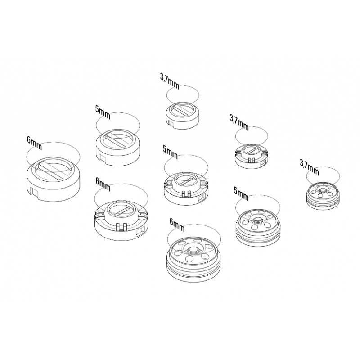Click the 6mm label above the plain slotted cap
coord(35,143)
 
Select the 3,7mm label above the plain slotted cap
coord(170,81)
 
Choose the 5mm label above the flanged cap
coord(170,152)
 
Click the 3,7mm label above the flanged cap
coord(239,122)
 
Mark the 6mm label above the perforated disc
coord(177,225)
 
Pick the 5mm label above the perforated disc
coord(241,194)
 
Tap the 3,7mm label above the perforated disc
coord(309,167)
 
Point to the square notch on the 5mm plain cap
coord(102,158)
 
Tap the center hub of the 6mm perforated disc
coord(193,250)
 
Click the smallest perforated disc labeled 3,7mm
coord(323,196)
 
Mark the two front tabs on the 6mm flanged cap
coord(121,227)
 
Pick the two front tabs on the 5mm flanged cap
coord(186,194)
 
